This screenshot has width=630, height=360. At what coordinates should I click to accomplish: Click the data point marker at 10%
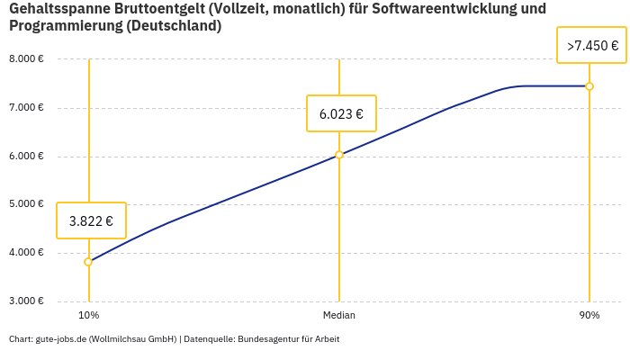click(88, 262)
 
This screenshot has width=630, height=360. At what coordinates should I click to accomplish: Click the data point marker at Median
click(339, 155)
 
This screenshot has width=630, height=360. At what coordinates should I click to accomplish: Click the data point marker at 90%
click(589, 86)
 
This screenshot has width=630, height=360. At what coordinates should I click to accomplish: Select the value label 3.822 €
click(91, 220)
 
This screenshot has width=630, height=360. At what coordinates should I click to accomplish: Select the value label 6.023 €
click(341, 114)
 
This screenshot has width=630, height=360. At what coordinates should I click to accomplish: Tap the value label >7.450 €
click(591, 46)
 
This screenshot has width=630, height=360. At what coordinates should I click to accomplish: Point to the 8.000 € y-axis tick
click(26, 59)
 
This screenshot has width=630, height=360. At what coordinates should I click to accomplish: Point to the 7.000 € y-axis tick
click(26, 108)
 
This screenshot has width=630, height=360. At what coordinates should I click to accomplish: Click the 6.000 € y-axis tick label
click(26, 157)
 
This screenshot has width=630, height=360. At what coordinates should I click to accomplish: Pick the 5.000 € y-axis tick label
click(26, 204)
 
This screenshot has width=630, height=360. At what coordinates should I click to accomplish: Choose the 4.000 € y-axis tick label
click(26, 253)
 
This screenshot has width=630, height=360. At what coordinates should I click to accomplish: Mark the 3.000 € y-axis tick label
click(26, 301)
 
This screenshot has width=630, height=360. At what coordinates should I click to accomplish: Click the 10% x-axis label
click(88, 316)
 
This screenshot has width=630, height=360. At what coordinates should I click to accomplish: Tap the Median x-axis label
click(339, 316)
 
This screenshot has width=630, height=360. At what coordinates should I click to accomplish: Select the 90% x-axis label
click(589, 316)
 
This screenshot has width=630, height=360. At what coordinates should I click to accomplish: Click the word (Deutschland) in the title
click(174, 26)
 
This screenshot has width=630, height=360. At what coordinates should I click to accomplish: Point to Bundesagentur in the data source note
click(265, 339)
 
